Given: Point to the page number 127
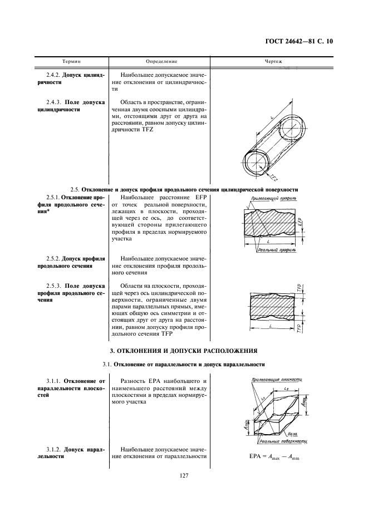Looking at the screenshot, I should pyautogui.click(x=185, y=475).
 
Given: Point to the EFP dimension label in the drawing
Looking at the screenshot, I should pyautogui.click(x=299, y=221).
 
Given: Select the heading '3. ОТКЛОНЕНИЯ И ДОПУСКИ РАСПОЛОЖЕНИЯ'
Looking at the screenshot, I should pyautogui.click(x=184, y=351).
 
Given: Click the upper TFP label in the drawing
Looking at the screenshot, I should pyautogui.click(x=299, y=288).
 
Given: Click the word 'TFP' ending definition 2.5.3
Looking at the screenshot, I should pyautogui.click(x=167, y=334).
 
